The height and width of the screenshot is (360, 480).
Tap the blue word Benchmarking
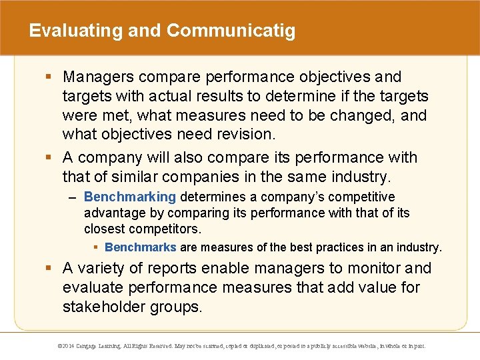(x=130, y=197)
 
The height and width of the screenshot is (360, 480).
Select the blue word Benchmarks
(x=141, y=247)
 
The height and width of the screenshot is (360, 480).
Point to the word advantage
(x=110, y=213)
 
